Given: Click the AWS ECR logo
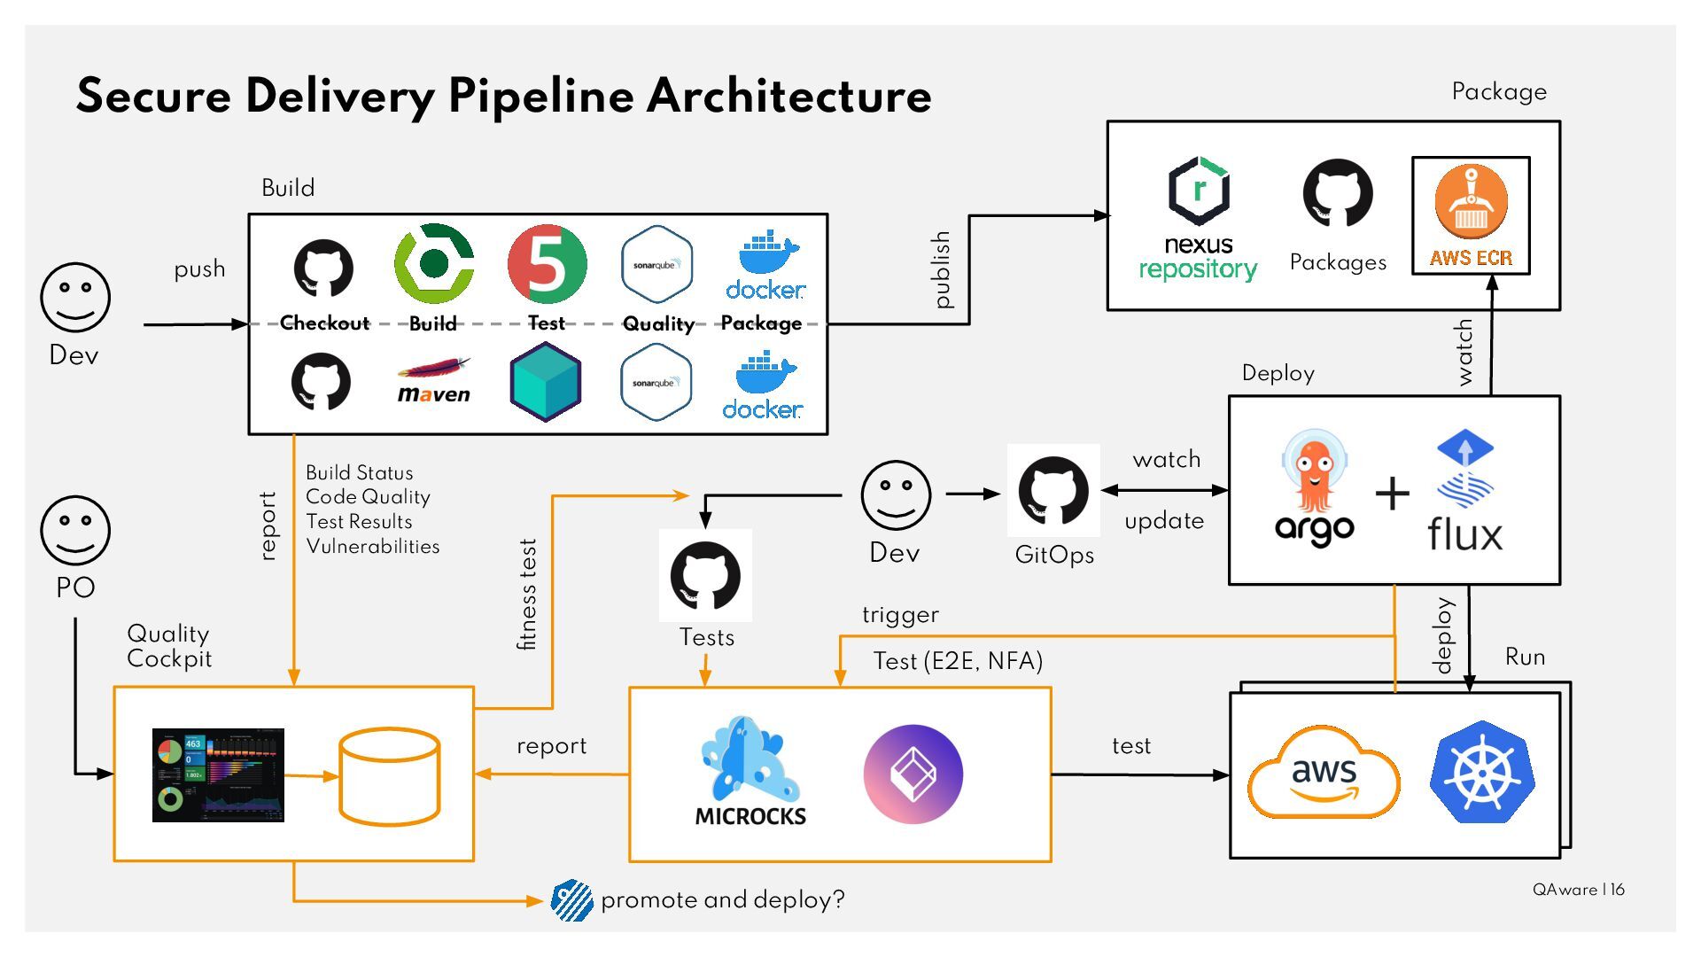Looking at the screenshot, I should tap(1471, 215).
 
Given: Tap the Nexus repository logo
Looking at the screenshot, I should tap(1199, 217).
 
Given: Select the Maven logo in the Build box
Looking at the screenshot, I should tap(433, 381).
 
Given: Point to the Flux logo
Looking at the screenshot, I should tap(1464, 493).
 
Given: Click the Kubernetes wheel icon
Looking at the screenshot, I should tap(1481, 772).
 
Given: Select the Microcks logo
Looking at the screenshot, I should tap(750, 772).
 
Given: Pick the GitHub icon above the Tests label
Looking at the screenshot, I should tap(705, 576).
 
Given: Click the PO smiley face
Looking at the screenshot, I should tap(75, 530).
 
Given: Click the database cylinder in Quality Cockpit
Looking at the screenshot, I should tap(390, 776).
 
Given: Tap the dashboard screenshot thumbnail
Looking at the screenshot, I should tap(218, 775).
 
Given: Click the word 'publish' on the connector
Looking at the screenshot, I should tap(942, 269).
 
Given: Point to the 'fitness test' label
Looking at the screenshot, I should tap(527, 595).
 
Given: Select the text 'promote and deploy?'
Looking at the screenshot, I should tap(722, 900).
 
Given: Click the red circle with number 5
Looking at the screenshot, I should tap(547, 264).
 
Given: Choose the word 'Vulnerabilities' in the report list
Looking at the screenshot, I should tap(373, 547).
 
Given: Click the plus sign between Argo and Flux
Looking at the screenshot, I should tap(1392, 494).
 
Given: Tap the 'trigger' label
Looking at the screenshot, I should tap(900, 615).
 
